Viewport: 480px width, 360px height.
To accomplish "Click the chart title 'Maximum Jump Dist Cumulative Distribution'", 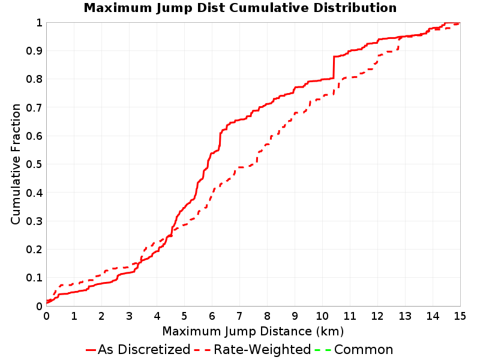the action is coord(240,8).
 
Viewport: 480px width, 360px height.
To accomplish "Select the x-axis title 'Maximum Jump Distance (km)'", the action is coord(253,332).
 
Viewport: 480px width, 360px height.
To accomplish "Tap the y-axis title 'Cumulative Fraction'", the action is coord(16,164).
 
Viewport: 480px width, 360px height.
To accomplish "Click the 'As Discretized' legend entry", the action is coord(138,349).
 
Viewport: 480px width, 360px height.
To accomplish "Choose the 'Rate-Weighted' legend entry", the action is coord(253,349).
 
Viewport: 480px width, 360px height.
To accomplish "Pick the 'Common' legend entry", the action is coord(354,349).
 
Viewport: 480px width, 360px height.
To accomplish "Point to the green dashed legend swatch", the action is coord(323,350).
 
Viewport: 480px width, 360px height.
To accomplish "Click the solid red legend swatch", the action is coord(91,350).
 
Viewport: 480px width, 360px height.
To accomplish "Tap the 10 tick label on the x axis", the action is coord(322,316).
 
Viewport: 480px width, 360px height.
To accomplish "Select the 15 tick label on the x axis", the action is coord(460,316).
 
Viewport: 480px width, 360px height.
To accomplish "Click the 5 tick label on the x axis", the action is coord(184,316).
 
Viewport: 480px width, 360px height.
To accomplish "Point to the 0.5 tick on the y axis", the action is coord(34,164).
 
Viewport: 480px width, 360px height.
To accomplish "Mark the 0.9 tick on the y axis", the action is coord(34,50).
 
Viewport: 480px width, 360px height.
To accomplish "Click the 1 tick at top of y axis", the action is coord(39,22).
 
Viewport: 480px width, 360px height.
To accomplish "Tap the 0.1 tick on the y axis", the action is coord(34,278).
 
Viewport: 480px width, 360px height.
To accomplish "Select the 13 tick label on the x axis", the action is coord(404,316).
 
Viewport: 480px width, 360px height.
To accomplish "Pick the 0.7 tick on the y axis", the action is coord(34,107).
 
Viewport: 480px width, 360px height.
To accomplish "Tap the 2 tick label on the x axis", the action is coord(101,316).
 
